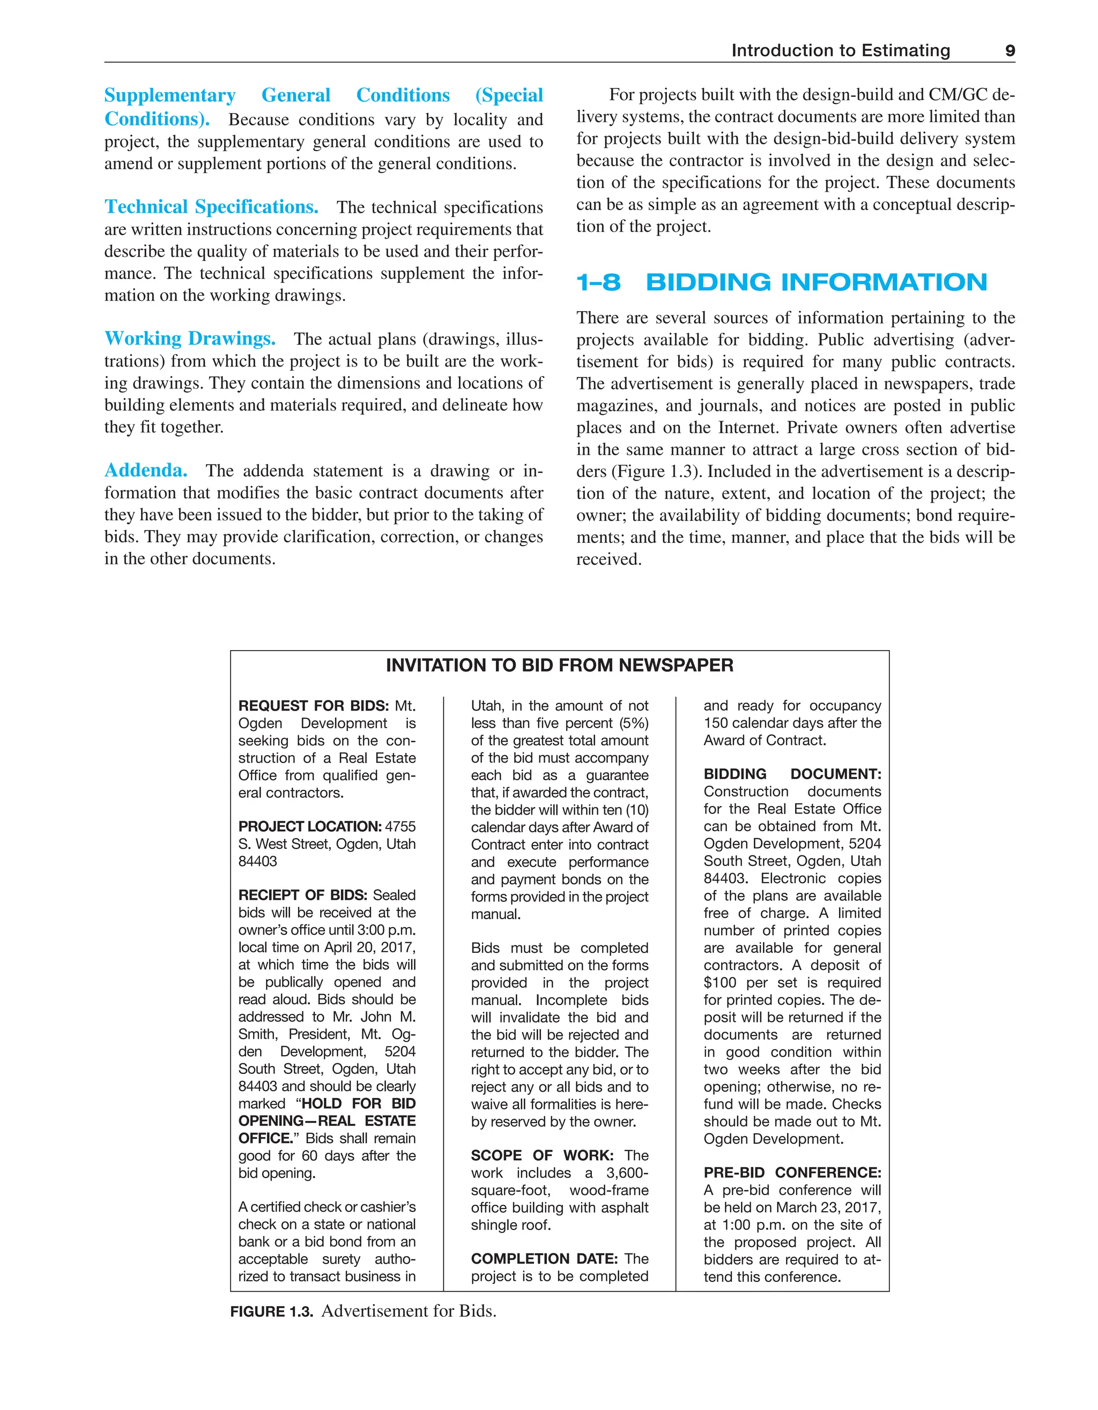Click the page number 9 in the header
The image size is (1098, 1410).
[x=1010, y=50]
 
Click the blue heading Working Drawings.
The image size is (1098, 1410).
[x=190, y=338]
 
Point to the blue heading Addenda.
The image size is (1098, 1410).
[x=146, y=470]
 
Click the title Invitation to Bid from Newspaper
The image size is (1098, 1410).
[x=559, y=666]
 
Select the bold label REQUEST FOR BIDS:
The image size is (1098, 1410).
[x=313, y=706]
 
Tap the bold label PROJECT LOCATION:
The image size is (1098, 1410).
[x=309, y=826]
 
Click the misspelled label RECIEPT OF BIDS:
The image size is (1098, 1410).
[x=302, y=896]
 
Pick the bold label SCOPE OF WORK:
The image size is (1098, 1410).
[x=541, y=1155]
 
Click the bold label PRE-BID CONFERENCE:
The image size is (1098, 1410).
[x=792, y=1173]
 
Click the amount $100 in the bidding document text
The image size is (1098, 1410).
[x=719, y=983]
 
